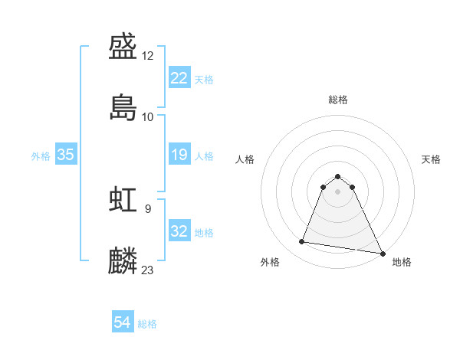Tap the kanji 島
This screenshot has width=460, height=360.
123,107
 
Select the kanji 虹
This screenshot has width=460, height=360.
123,201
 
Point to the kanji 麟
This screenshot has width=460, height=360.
123,260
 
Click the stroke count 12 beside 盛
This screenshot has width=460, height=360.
149,56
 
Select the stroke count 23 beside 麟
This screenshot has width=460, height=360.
148,270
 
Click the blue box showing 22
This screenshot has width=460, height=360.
179,77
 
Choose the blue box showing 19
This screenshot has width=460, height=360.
179,155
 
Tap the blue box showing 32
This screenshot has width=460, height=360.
179,231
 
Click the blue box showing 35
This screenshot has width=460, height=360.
66,155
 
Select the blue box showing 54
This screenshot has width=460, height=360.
123,322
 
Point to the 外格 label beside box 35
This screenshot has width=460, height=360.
41,156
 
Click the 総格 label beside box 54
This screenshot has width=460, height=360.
147,324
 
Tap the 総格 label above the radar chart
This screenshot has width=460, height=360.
338,100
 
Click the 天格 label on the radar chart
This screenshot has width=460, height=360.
431,159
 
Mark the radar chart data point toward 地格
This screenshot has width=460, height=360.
383,253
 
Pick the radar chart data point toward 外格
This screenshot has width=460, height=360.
302,242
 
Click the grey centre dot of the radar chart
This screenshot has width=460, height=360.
338,191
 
